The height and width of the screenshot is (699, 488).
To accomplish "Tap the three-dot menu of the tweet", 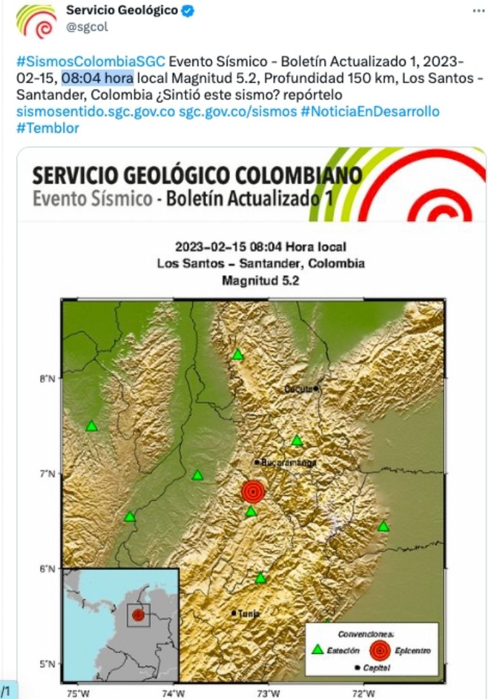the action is point(478,11).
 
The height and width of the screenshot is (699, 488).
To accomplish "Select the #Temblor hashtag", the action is point(48,128).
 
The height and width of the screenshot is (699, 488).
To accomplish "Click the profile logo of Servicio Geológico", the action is point(36,20).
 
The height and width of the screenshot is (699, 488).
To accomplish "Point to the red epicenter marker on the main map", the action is point(253,491).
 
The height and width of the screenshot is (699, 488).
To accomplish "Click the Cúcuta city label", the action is point(298,389).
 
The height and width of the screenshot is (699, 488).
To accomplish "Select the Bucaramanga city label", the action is point(288,463).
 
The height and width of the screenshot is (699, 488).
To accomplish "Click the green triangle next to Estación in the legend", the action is point(318,649).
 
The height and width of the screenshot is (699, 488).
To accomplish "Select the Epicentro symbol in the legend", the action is point(380,649).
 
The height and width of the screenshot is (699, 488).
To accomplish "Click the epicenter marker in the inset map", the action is point(138,614).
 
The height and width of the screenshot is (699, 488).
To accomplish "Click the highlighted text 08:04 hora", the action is point(97,79).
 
